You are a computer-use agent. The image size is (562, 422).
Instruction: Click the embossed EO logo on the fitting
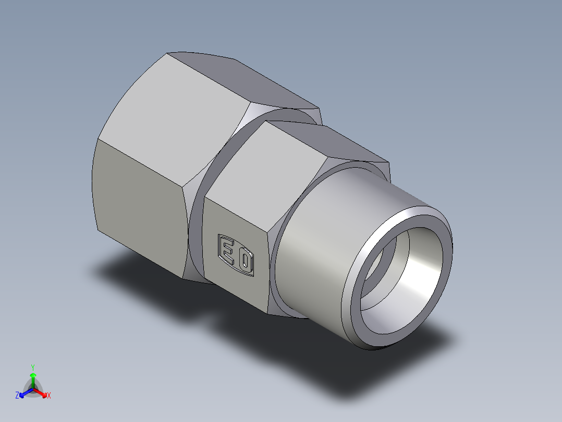pos(236,255)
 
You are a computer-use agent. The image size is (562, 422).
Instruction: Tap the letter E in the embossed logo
pos(228,250)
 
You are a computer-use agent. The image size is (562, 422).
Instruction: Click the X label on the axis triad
pos(49,395)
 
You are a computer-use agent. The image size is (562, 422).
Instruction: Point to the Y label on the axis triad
pos(33,367)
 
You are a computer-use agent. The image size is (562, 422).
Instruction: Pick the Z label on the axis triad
pos(17,395)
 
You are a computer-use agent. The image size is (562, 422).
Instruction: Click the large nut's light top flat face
pos(177,99)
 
